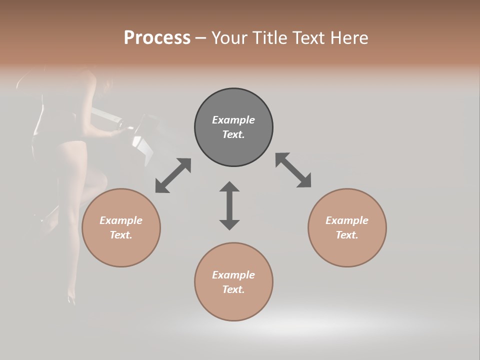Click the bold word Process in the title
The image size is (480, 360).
[x=157, y=38]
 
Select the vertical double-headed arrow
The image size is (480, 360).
[x=229, y=205]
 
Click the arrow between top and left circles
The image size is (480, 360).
[x=173, y=175]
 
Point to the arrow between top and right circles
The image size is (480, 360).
[x=293, y=170]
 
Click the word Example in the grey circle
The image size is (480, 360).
[x=233, y=120]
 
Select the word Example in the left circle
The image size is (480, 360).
[x=121, y=220]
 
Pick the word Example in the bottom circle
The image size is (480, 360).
[x=233, y=275]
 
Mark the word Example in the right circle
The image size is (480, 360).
[x=347, y=220]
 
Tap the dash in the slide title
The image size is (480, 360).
[x=201, y=38]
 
